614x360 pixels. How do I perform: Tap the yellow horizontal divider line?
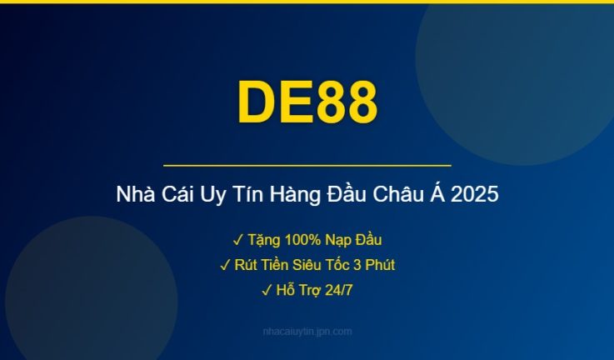pos(307,166)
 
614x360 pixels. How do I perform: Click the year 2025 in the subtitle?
pos(477,196)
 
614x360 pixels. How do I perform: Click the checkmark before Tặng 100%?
pos(237,240)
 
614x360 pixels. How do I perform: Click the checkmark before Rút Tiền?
pos(225,265)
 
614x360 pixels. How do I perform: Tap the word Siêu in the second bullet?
pos(317,265)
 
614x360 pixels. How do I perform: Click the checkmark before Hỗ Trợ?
pos(266,290)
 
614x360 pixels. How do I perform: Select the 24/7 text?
pos(337,290)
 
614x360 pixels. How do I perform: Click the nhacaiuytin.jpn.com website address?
pos(307,332)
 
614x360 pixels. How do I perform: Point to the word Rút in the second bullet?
pos(247,265)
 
